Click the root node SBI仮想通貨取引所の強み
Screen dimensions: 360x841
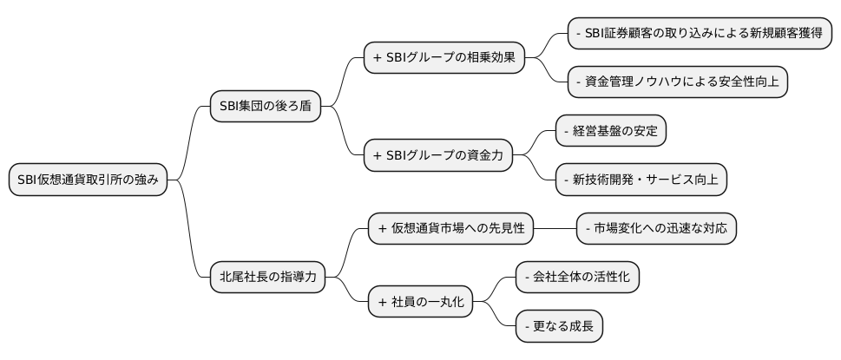(x=87, y=180)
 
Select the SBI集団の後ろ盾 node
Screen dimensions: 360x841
(x=265, y=107)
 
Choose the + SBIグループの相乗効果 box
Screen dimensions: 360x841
(x=444, y=58)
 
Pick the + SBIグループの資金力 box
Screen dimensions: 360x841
(x=437, y=155)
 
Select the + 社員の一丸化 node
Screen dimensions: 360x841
(x=422, y=302)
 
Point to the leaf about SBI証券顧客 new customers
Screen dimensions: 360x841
(x=699, y=33)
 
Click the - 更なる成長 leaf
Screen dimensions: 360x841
(x=560, y=326)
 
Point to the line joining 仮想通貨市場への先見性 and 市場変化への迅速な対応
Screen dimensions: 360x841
(x=555, y=228)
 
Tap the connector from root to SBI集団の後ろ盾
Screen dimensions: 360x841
(x=189, y=139)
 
